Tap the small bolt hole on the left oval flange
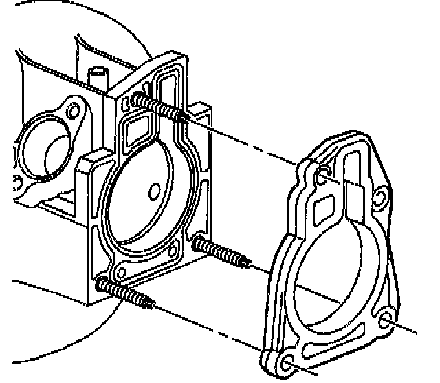click(x=70, y=108)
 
